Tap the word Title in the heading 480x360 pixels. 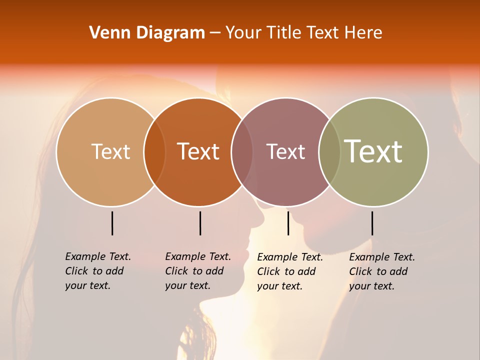(x=282, y=33)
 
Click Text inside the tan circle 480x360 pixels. (x=110, y=151)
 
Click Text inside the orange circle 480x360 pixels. (x=198, y=151)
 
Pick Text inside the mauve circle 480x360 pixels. (x=285, y=151)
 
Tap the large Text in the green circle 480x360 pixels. (x=373, y=151)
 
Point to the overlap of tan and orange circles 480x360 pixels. (x=154, y=151)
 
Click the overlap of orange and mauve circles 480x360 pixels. (x=242, y=151)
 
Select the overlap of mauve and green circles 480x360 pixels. (x=329, y=151)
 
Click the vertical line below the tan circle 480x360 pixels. (x=112, y=223)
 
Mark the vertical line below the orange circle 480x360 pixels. (x=200, y=223)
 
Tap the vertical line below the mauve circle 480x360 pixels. (x=288, y=223)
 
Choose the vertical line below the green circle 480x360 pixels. (x=372, y=223)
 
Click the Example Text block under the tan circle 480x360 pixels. (x=97, y=271)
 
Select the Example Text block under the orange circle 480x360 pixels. (x=197, y=271)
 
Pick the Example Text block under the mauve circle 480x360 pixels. (x=289, y=271)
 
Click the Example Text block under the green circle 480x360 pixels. (x=381, y=271)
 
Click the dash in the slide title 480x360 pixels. (x=215, y=33)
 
